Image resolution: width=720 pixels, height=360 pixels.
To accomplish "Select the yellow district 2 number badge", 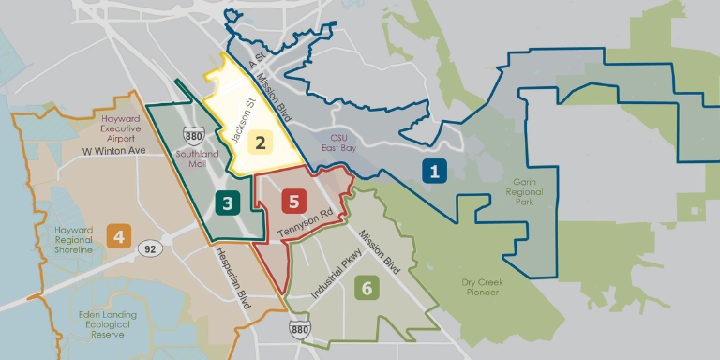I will pyautogui.click(x=259, y=143).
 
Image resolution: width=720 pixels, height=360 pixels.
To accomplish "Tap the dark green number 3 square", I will pyautogui.click(x=226, y=202).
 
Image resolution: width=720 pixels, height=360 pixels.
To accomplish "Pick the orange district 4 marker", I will pyautogui.click(x=118, y=235).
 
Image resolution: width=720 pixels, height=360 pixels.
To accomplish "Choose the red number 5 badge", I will pyautogui.click(x=293, y=201).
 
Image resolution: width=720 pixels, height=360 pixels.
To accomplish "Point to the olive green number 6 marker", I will pyautogui.click(x=367, y=288).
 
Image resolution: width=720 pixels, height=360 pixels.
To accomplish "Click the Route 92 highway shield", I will pyautogui.click(x=148, y=248).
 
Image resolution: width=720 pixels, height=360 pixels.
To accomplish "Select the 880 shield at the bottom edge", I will pyautogui.click(x=299, y=329).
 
